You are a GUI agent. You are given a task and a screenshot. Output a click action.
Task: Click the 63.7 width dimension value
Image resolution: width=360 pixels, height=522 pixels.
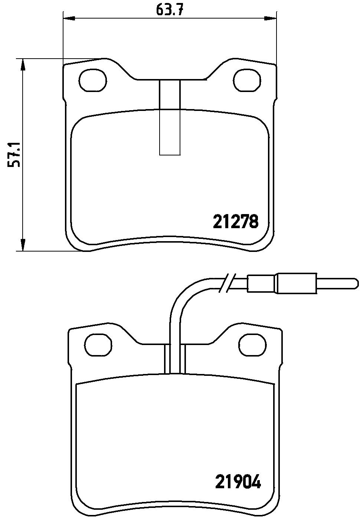click(169, 10)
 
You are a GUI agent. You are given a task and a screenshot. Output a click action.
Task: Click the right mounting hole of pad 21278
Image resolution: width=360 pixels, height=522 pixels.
click(248, 81)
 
